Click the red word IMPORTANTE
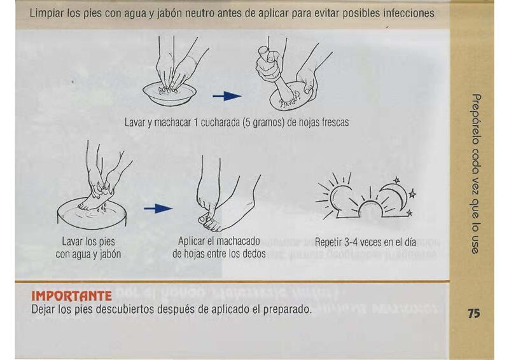(x=71, y=296)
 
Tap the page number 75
(x=473, y=314)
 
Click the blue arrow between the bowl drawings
(x=227, y=96)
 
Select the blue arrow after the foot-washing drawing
(x=158, y=209)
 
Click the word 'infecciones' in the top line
(x=408, y=13)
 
